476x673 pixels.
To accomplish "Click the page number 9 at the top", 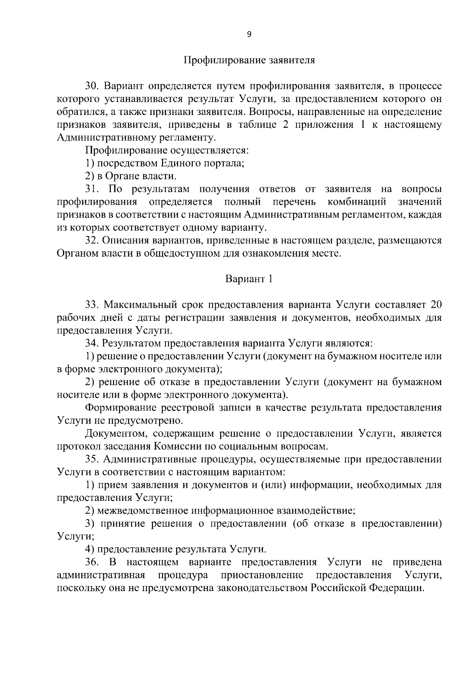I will (x=249, y=34).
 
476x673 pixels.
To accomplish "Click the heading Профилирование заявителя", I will (x=249, y=60).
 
